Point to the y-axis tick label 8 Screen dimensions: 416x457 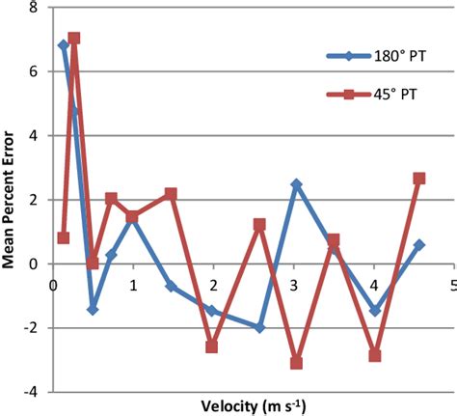[35, 8]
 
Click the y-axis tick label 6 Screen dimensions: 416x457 [35, 71]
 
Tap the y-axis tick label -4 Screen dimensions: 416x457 [32, 392]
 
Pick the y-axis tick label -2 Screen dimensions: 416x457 [32, 328]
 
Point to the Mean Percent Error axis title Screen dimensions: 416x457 [12, 199]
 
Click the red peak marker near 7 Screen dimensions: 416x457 [74, 39]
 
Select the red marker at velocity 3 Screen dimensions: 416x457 [296, 363]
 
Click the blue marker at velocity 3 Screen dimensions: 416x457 [296, 184]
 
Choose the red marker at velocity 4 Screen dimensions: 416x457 [375, 355]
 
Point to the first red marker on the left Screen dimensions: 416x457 [64, 237]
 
